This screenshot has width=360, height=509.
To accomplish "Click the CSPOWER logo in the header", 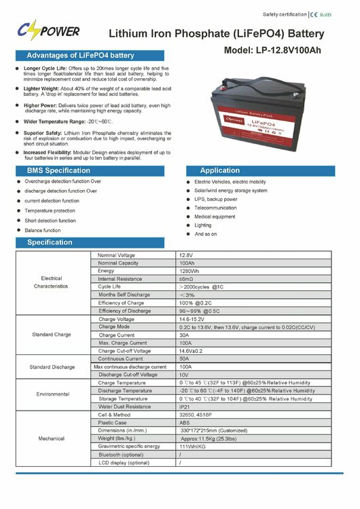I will (48, 31).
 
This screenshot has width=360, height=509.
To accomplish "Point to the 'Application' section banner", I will (220, 170).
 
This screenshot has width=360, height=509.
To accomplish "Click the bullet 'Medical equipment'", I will (215, 216).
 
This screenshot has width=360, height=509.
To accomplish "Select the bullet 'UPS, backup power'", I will (215, 200).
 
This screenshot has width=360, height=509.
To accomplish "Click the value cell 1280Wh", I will (190, 271).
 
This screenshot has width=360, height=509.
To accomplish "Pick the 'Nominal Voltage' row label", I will (117, 255).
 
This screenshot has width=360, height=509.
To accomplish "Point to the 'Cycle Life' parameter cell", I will (113, 286).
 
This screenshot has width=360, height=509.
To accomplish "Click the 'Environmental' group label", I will (52, 394).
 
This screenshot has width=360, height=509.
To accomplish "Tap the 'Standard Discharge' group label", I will (52, 366).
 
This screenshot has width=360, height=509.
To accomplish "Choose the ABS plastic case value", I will (185, 422).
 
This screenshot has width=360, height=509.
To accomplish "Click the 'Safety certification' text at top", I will (283, 14).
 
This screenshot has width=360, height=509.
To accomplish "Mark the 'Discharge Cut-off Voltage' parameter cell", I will (129, 375).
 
